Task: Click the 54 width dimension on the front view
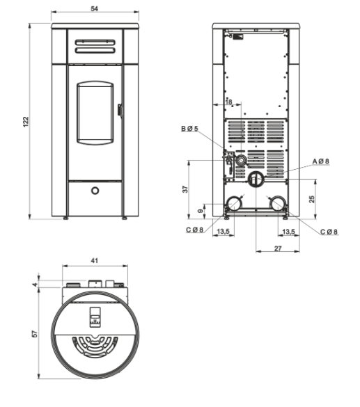(x=95, y=8)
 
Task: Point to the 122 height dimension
(x=26, y=122)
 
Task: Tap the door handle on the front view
(x=120, y=110)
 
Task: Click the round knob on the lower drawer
(x=95, y=191)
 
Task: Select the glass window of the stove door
(x=95, y=113)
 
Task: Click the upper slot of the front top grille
(x=95, y=42)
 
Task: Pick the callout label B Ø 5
(x=189, y=129)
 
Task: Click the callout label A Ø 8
(x=320, y=161)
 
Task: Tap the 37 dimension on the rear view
(x=185, y=189)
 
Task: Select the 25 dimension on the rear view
(x=312, y=199)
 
